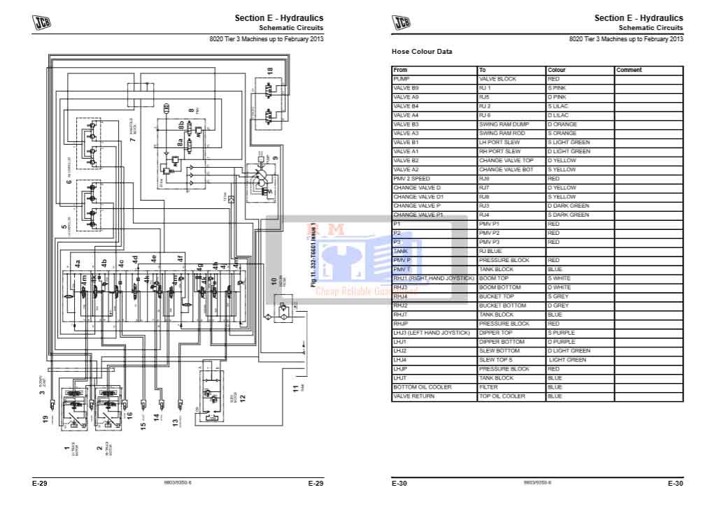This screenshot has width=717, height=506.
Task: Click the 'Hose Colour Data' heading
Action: (x=422, y=52)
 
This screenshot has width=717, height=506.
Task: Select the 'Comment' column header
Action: (x=629, y=70)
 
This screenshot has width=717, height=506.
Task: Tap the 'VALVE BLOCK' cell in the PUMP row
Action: (x=497, y=79)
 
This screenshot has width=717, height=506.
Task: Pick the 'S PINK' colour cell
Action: (x=558, y=88)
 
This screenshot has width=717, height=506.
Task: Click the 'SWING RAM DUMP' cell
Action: (x=504, y=124)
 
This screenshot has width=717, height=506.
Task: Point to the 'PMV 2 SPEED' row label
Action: (x=412, y=179)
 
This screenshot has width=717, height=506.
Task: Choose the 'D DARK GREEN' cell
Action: (x=569, y=206)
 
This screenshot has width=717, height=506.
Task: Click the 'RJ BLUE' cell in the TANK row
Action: (x=491, y=251)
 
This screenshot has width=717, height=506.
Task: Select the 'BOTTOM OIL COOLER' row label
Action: (x=423, y=387)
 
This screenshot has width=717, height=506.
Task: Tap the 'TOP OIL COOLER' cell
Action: (x=502, y=396)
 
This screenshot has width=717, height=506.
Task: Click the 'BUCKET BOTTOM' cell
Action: (x=502, y=305)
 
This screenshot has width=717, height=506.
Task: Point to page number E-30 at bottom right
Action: (x=675, y=483)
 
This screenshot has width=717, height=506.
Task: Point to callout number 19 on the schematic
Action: (x=45, y=419)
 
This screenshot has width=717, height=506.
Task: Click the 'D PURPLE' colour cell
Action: (x=562, y=342)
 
